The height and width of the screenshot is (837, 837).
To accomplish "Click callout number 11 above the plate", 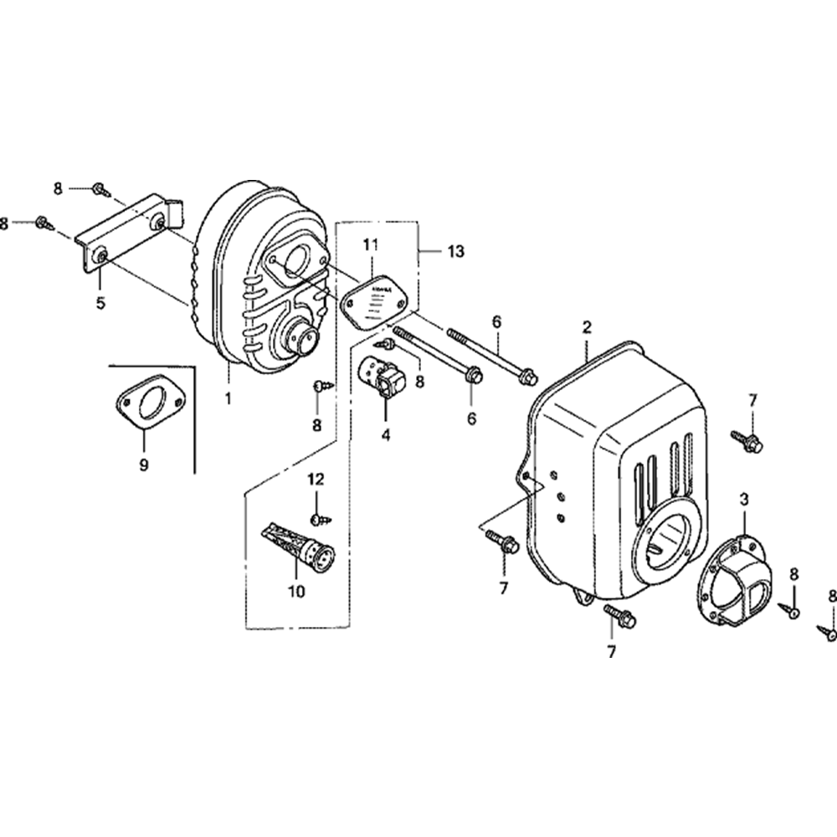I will click(x=371, y=244).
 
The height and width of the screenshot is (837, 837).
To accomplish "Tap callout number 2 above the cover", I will click(x=587, y=326).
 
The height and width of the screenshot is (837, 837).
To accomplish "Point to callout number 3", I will click(x=743, y=501).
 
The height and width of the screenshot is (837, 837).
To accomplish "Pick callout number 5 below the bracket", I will click(x=100, y=303).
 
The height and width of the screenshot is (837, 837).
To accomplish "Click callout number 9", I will click(x=143, y=463).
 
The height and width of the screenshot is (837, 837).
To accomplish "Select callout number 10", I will click(x=296, y=591).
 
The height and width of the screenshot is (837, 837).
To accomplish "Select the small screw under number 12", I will click(x=318, y=519).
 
